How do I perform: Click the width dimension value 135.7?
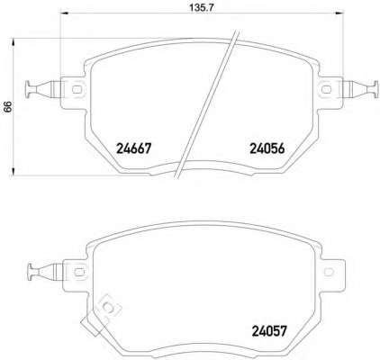(202, 7)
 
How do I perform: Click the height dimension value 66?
(7, 106)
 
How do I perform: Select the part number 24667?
(134, 148)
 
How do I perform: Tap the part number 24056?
(267, 148)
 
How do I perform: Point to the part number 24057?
(269, 331)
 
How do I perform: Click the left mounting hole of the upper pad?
(77, 89)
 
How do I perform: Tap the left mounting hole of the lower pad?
(79, 272)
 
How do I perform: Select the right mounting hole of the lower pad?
(329, 272)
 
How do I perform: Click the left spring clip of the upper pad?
(43, 89)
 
